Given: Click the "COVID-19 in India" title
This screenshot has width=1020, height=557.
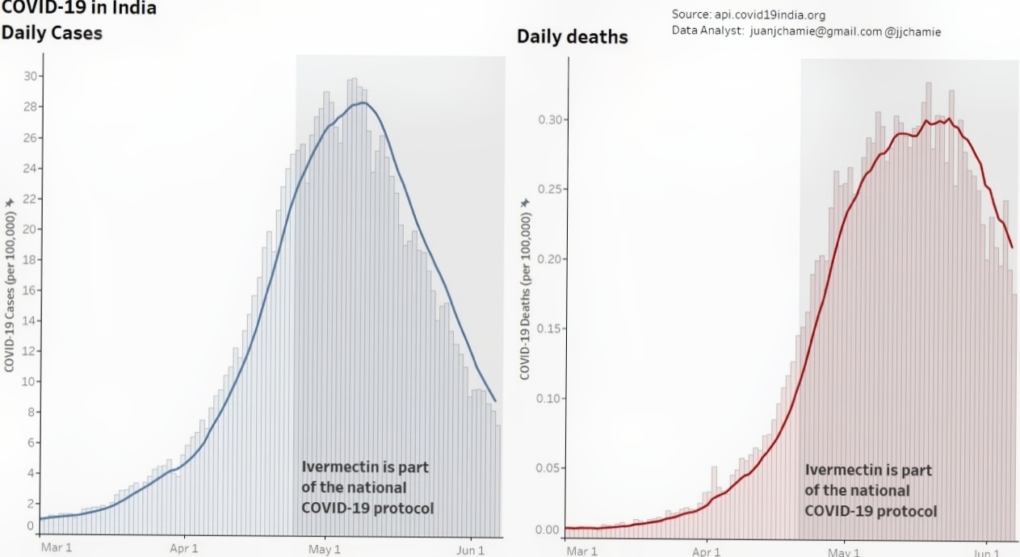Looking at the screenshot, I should pyautogui.click(x=79, y=9).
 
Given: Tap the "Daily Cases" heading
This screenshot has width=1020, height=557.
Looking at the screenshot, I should pyautogui.click(x=52, y=34).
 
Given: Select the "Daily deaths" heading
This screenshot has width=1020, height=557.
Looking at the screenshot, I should pyautogui.click(x=572, y=37).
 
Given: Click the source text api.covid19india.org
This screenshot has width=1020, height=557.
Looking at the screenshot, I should pyautogui.click(x=768, y=15).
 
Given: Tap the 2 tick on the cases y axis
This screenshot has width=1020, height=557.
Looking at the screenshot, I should pyautogui.click(x=31, y=504).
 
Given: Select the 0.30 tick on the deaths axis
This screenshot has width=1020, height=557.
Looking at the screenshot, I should pyautogui.click(x=549, y=119).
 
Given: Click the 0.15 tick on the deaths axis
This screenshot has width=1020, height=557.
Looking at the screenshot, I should pyautogui.click(x=549, y=329).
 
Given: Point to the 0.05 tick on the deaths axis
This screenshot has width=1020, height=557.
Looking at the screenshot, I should pyautogui.click(x=549, y=468).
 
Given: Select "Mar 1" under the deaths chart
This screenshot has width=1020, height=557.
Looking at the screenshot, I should pyautogui.click(x=581, y=551).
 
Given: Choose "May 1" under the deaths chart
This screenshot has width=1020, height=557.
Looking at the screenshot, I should pyautogui.click(x=845, y=551).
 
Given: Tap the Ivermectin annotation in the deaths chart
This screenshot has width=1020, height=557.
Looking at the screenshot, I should pyautogui.click(x=871, y=490).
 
